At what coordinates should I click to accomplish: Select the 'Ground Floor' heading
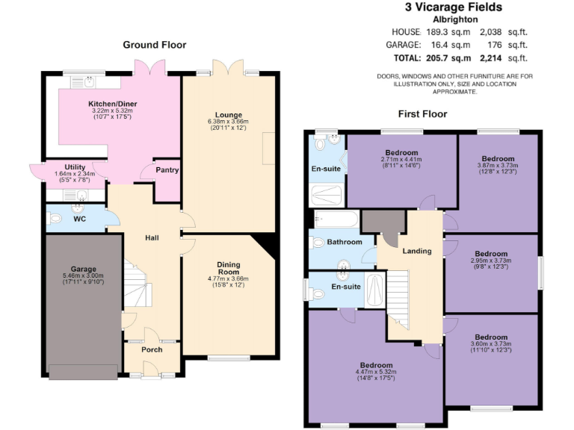click(155, 45)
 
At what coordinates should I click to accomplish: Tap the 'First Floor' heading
click(422, 114)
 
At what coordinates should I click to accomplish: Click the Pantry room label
click(167, 170)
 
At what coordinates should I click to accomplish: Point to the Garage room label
click(84, 269)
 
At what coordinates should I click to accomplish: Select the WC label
click(80, 219)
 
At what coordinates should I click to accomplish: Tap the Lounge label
click(229, 115)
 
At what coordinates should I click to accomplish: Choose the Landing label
click(416, 251)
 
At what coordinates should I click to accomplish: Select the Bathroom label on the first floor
click(344, 242)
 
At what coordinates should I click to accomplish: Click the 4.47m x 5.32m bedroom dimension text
click(374, 372)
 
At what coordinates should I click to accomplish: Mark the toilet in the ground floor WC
click(54, 219)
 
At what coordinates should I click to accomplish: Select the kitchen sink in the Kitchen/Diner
click(89, 80)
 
